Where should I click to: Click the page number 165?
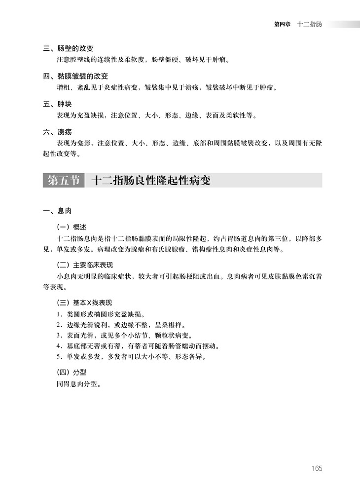coord(316,468)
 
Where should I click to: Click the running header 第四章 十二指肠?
coord(298,24)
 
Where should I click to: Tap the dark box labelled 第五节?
coord(64,181)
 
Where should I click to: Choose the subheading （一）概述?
coord(72,227)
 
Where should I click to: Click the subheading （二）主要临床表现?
coord(86,264)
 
